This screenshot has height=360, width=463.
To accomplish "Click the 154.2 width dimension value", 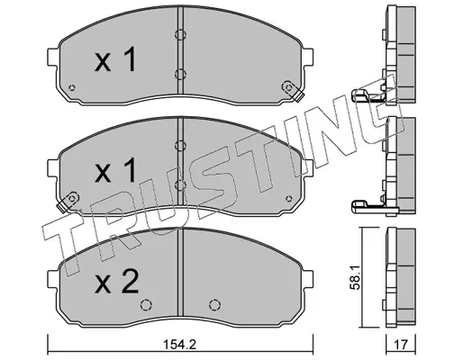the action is coord(180,344).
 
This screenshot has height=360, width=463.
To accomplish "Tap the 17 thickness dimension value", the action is coord(402,344).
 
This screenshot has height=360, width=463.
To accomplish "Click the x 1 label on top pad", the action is coord(115,59).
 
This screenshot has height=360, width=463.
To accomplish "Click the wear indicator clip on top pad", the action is coord(293,91).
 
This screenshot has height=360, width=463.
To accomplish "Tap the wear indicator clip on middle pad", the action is coord(68,202).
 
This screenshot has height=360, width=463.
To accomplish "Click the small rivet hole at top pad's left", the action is coord(72,87).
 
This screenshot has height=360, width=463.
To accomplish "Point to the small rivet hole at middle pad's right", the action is coord(289,198).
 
